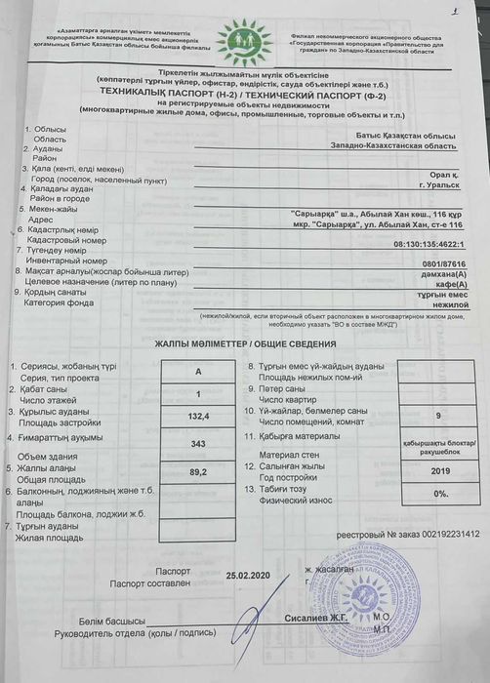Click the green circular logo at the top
pos(244,42)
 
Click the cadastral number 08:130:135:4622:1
pos(434,246)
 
